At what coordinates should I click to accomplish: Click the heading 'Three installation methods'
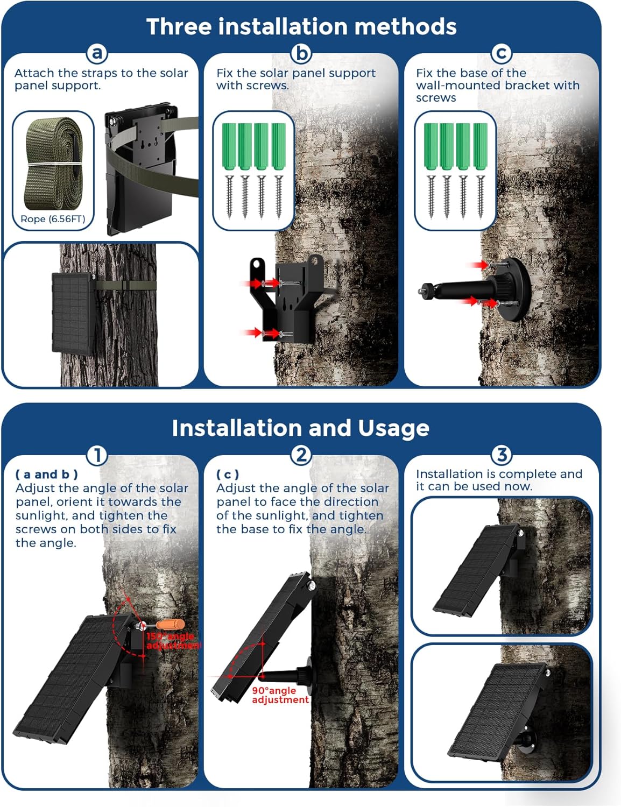coord(301,26)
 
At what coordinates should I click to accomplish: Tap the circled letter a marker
coord(97,53)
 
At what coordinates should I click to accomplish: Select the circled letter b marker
coord(301,53)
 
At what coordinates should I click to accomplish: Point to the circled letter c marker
coord(502,53)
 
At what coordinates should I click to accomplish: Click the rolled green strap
coord(53,164)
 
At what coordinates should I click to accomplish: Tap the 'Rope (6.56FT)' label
coord(53,219)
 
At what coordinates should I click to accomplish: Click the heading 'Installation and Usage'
coord(300,428)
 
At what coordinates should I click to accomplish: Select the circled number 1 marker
coord(97,455)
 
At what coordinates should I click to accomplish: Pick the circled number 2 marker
coord(301,455)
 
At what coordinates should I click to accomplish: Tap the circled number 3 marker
coord(502,455)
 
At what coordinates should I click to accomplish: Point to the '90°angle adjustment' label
coord(280,695)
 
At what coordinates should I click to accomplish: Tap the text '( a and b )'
coord(47,474)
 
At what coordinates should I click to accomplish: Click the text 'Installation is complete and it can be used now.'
coord(499,480)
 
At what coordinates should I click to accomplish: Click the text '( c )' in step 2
coord(228,474)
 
